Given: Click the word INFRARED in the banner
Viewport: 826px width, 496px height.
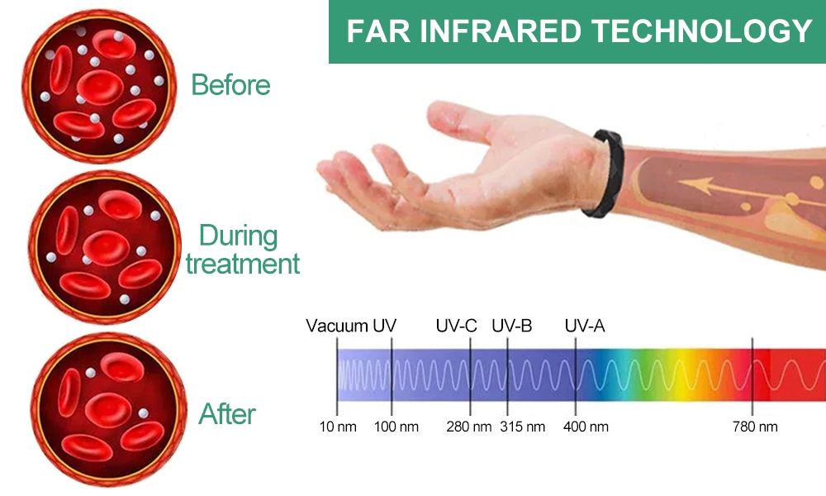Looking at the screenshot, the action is (501, 31).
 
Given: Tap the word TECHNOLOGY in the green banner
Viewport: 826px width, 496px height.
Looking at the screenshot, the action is (701, 31).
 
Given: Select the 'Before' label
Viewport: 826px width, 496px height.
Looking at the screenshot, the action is (230, 85).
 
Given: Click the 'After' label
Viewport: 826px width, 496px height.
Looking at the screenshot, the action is (227, 414).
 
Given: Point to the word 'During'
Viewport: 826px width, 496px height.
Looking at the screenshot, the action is (239, 236).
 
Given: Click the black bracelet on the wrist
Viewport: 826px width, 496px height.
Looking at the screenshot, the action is (605, 174).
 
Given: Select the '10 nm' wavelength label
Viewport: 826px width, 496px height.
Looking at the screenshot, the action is (338, 427).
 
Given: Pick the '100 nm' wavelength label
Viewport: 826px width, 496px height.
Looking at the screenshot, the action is (396, 427).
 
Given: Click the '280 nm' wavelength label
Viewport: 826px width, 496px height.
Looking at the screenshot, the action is (469, 427).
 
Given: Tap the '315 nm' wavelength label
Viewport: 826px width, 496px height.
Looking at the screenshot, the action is (523, 427).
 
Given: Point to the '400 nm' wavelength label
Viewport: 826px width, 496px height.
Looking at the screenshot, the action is (586, 427).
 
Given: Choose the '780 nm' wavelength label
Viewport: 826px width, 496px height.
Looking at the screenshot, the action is (755, 427).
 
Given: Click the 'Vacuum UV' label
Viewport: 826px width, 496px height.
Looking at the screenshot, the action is (351, 326).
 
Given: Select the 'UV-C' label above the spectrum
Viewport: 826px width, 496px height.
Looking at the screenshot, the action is (456, 326).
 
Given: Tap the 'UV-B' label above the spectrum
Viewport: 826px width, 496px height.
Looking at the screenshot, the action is (512, 326).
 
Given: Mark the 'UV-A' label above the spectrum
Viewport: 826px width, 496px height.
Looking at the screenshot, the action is (585, 326).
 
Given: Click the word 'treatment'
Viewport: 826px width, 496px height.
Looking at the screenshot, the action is (243, 264).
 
